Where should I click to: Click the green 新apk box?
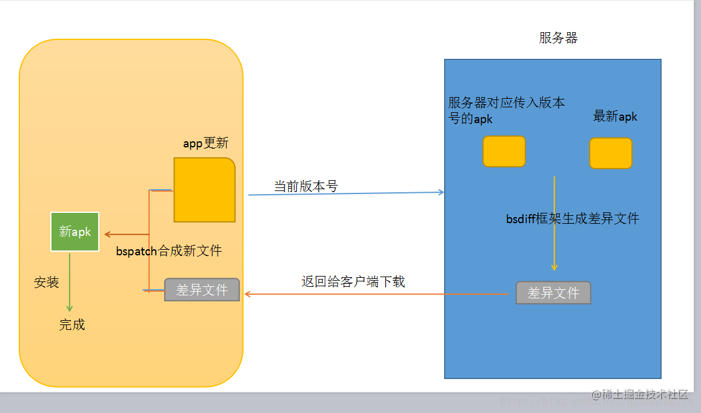point(75,231)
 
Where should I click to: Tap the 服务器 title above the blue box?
point(558,38)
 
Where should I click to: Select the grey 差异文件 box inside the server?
point(553,293)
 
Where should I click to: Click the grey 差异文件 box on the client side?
point(202,290)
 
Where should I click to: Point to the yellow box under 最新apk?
point(611,153)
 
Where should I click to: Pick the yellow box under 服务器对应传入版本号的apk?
point(503,151)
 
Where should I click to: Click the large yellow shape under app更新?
point(204,190)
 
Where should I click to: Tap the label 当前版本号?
point(305,186)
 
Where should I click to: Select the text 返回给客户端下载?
point(353,281)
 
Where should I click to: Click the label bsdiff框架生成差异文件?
point(573,218)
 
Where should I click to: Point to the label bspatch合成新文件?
point(168,250)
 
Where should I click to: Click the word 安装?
point(47,282)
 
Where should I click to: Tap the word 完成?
point(71,324)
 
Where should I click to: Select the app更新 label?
point(206,144)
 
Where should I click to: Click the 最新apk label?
point(615,116)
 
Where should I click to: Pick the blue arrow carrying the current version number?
point(345,193)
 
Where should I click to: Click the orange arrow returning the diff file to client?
point(376,294)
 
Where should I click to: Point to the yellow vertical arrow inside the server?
point(554,224)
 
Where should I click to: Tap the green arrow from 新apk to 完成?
point(70,282)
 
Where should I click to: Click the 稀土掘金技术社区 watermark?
point(640,395)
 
